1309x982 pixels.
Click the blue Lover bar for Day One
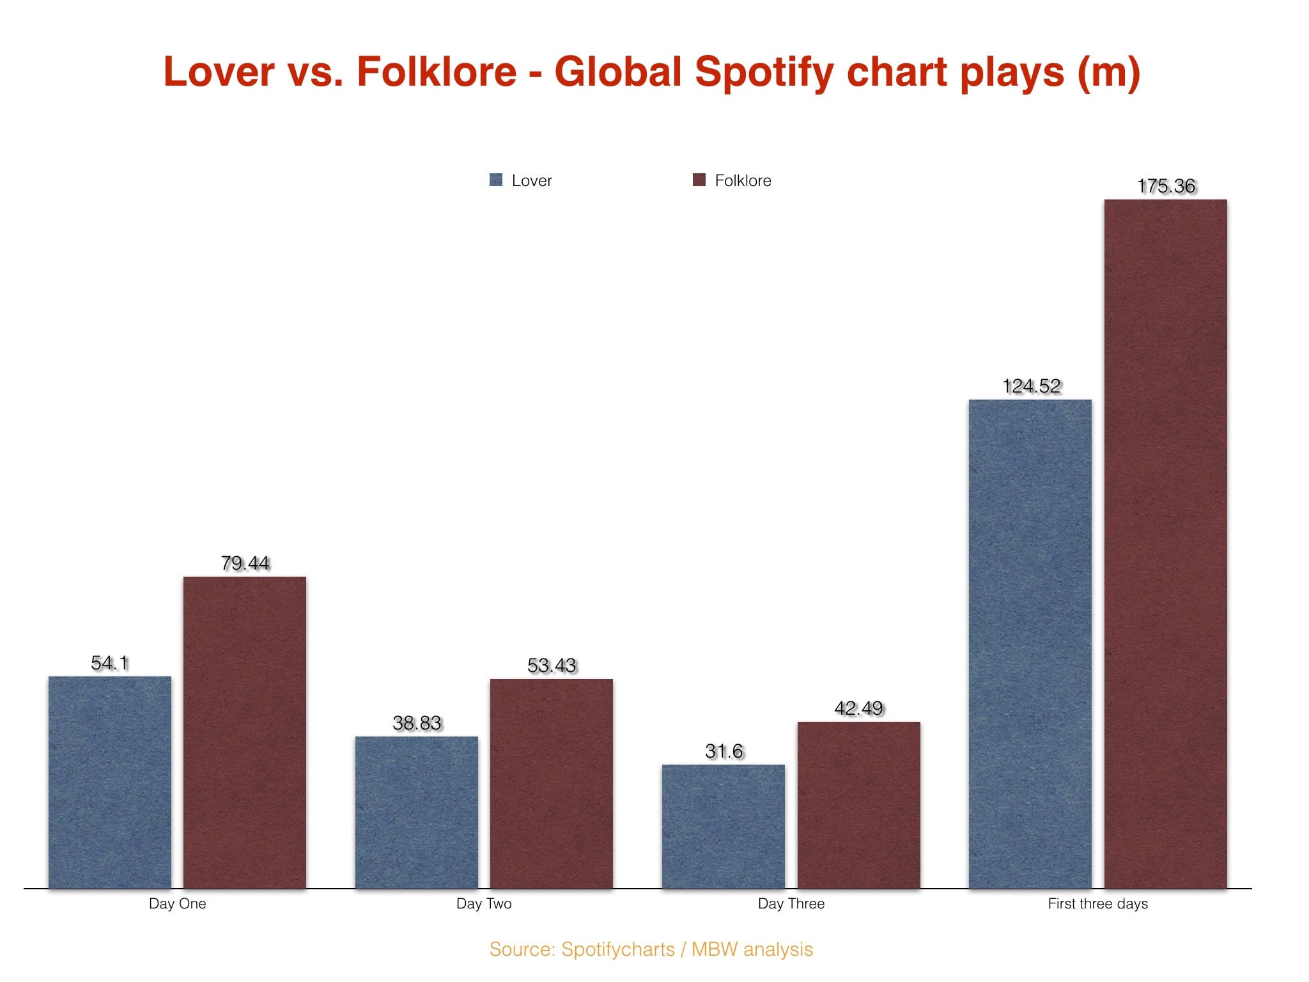pyautogui.click(x=110, y=782)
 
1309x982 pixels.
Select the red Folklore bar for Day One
pyautogui.click(x=245, y=732)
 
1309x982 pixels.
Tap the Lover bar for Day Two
pyautogui.click(x=417, y=812)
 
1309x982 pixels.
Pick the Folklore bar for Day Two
pyautogui.click(x=552, y=783)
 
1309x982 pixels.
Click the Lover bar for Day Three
pyautogui.click(x=724, y=826)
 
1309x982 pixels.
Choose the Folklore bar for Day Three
pyautogui.click(x=858, y=805)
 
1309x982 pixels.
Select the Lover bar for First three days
pyautogui.click(x=1030, y=644)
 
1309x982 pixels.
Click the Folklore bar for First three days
pyautogui.click(x=1166, y=543)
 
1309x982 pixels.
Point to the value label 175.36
pyautogui.click(x=1166, y=186)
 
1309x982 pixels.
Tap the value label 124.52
pyautogui.click(x=1031, y=386)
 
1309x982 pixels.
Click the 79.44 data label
pyautogui.click(x=245, y=563)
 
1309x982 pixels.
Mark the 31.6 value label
pyautogui.click(x=724, y=751)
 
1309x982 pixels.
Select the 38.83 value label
pyautogui.click(x=417, y=723)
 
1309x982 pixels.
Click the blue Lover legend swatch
pyautogui.click(x=496, y=180)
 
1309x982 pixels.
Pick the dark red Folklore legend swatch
pyautogui.click(x=699, y=180)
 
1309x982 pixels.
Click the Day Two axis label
pyautogui.click(x=484, y=903)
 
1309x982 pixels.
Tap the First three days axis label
pyautogui.click(x=1097, y=903)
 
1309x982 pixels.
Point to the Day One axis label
pyautogui.click(x=177, y=903)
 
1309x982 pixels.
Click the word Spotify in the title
pyautogui.click(x=764, y=72)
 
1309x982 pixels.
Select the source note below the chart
pyautogui.click(x=651, y=949)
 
